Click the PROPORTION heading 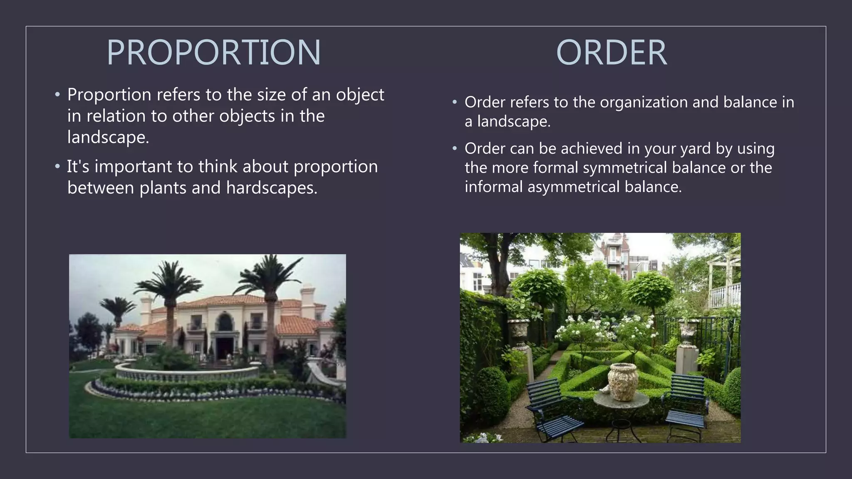[214, 52]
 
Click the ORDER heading [611, 52]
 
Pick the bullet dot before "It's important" [57, 167]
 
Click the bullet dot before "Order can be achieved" [455, 148]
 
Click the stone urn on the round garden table [623, 381]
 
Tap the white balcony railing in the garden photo [726, 295]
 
